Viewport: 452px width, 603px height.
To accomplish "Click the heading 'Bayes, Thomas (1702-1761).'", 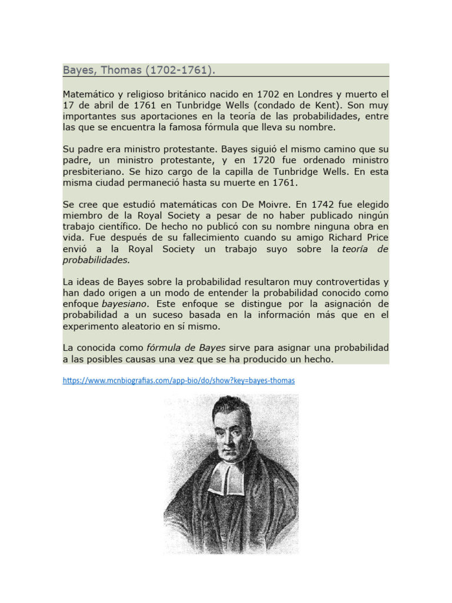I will click(139, 71).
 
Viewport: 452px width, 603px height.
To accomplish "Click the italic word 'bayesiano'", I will click(125, 304).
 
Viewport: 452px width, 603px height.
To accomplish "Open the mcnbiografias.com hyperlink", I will click(179, 380).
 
